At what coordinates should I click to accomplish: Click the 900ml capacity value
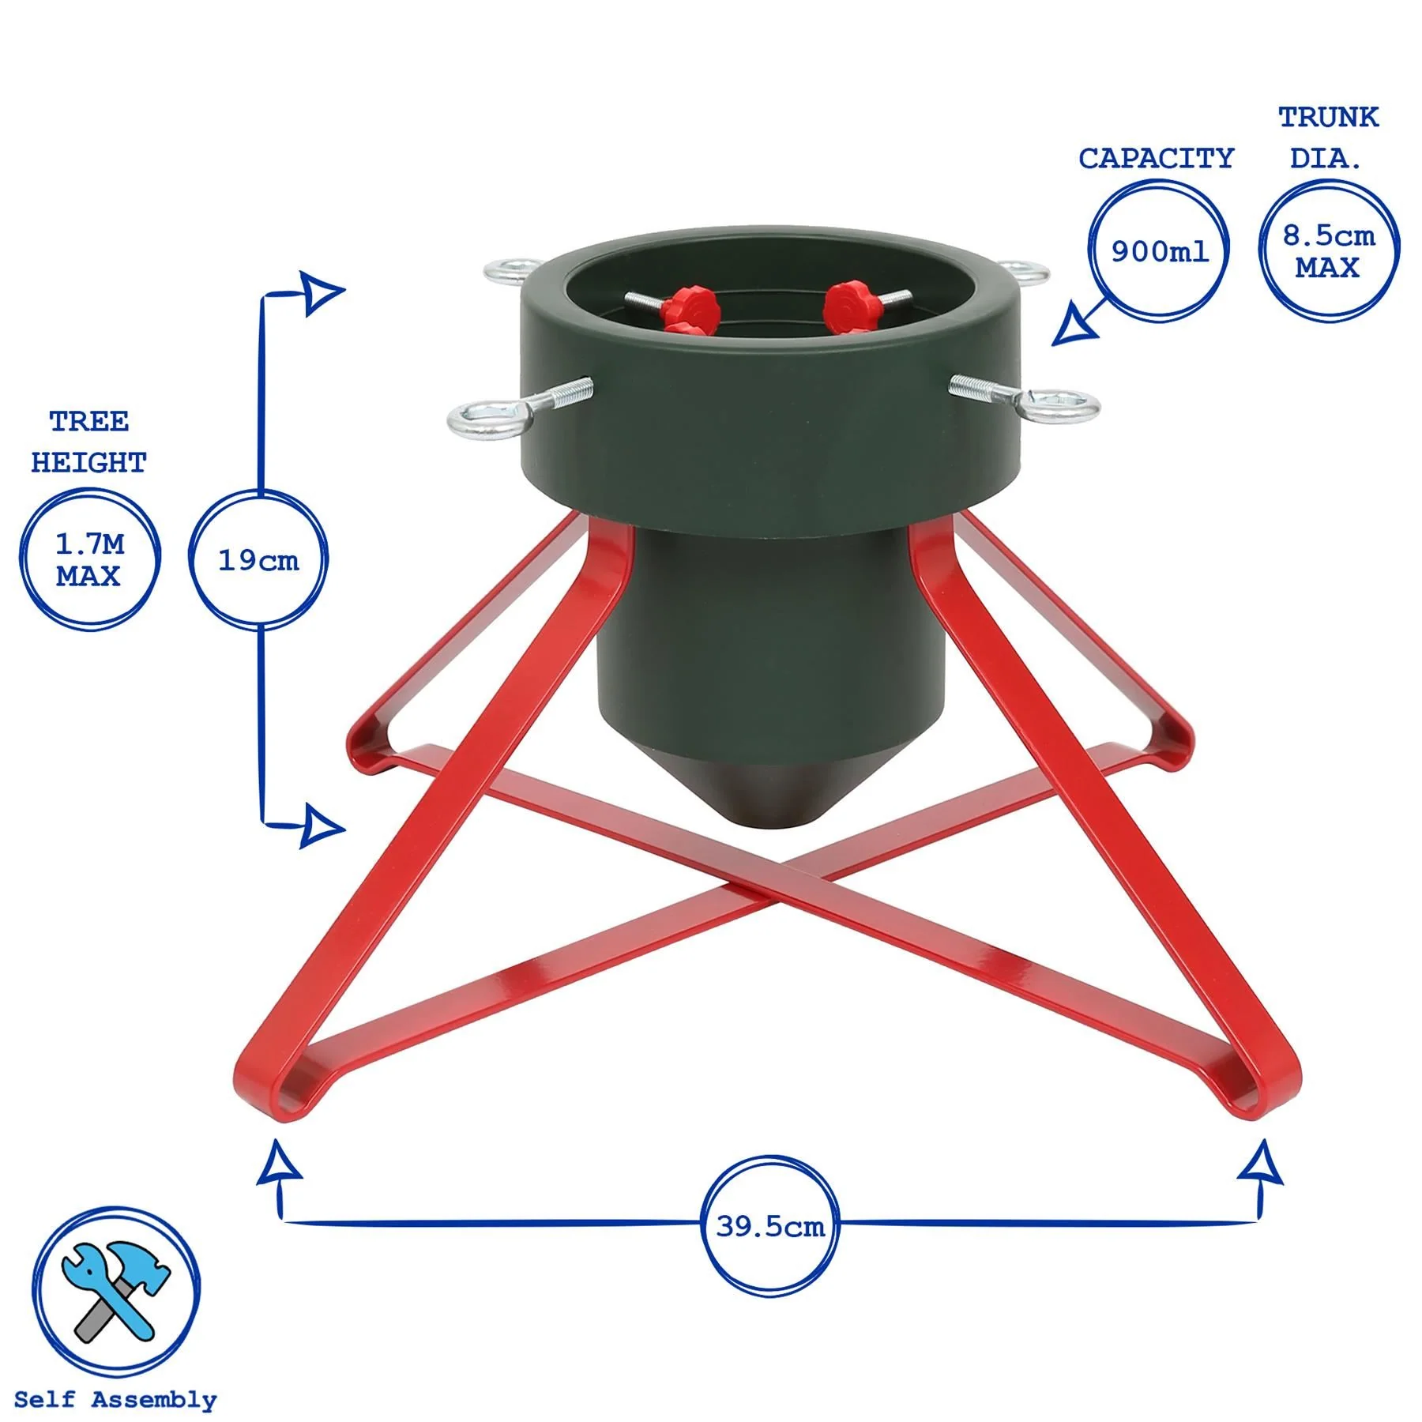tap(1159, 250)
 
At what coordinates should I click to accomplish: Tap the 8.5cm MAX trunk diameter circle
tap(1328, 250)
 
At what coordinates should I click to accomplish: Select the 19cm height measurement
tap(258, 560)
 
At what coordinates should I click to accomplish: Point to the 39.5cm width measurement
tap(770, 1226)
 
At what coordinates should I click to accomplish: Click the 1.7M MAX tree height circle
tap(88, 559)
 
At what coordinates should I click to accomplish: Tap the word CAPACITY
tap(1156, 158)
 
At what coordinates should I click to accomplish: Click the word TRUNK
tap(1328, 117)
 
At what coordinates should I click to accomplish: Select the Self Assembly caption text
tap(115, 1400)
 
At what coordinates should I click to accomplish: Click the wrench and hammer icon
tap(116, 1291)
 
